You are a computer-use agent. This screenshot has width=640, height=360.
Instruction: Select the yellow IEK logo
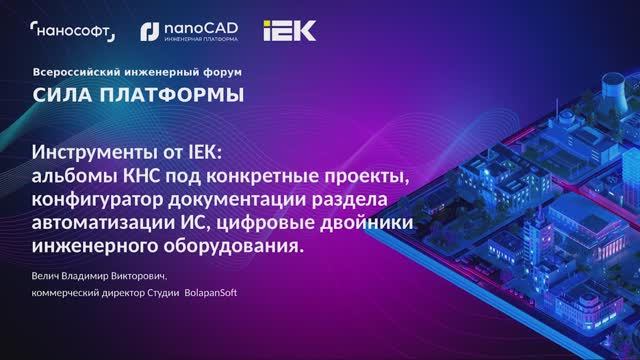pyautogui.click(x=289, y=31)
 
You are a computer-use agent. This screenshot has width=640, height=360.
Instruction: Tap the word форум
pyautogui.click(x=222, y=73)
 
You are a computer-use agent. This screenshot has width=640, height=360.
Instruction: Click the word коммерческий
pyautogui.click(x=70, y=293)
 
